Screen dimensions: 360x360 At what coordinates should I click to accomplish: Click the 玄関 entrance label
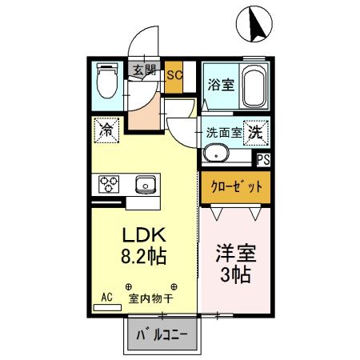(x=145, y=70)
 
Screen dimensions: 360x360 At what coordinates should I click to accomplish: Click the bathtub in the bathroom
(x=254, y=86)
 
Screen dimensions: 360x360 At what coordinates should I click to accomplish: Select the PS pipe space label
(x=263, y=158)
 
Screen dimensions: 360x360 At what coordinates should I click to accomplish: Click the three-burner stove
(x=109, y=185)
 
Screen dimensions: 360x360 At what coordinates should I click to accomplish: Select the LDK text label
(x=143, y=235)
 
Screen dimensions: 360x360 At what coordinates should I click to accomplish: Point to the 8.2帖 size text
(x=143, y=258)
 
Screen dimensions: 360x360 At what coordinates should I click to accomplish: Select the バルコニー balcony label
(x=163, y=334)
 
